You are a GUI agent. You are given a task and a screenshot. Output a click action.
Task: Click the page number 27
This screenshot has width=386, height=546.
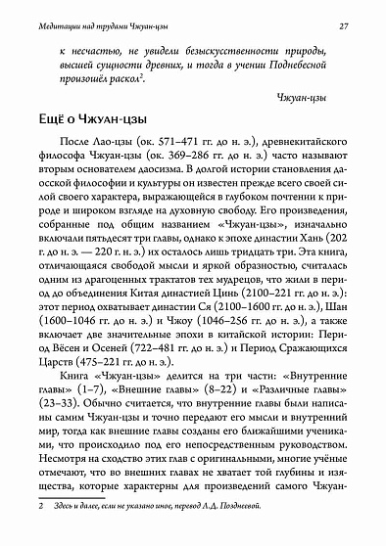[x=359, y=11]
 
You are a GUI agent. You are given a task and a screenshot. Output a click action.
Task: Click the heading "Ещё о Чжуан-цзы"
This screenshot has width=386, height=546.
[x=91, y=131]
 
